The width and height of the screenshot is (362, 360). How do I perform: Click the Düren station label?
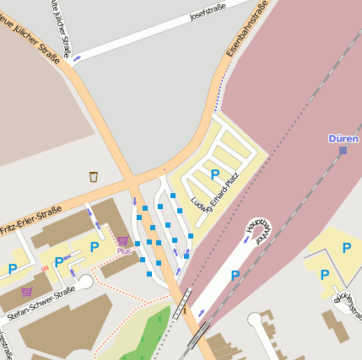(343, 138)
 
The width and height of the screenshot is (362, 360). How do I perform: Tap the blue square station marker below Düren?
(343, 151)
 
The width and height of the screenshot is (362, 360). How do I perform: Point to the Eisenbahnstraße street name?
(247, 30)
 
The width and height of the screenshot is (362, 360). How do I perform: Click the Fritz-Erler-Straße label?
(31, 219)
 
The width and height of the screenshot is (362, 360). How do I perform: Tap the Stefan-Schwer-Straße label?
(41, 305)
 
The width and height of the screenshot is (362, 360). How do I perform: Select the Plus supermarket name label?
(124, 251)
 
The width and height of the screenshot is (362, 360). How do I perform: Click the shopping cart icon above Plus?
(123, 241)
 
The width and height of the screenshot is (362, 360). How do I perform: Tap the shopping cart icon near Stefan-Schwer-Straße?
(27, 292)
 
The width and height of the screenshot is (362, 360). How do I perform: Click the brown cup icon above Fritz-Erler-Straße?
(94, 176)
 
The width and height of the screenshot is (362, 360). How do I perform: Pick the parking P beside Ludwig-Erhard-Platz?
(215, 175)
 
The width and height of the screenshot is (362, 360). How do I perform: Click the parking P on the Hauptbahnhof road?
(235, 275)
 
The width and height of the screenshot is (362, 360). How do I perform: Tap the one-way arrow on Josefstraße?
(77, 58)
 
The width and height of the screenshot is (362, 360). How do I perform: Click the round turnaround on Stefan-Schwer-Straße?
(85, 282)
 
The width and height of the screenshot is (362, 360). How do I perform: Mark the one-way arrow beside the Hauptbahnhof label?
(246, 239)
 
